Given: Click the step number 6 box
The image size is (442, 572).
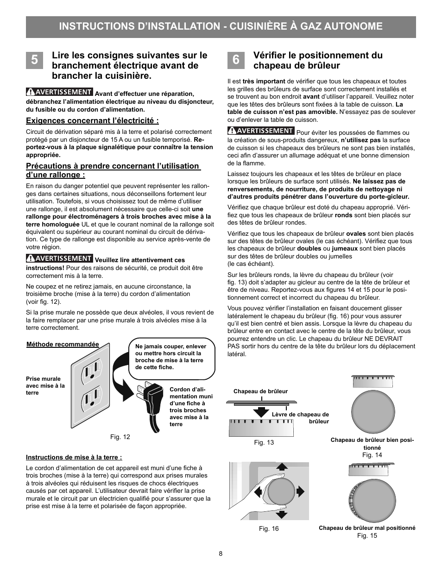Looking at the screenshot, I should tap(236, 60).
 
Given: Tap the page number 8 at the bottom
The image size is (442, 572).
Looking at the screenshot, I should tap(221, 553).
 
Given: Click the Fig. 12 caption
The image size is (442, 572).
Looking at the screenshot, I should tap(120, 437).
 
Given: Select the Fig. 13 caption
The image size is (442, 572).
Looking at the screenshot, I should tap(264, 442).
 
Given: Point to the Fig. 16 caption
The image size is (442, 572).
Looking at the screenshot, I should tap(269, 528).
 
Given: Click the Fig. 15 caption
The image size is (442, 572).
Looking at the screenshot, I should tap(367, 535).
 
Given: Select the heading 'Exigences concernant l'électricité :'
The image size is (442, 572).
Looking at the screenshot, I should tap(92, 121).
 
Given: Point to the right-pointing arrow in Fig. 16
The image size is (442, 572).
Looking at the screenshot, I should tap(300, 491).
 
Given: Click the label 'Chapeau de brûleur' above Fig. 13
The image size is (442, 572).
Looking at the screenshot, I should tap(260, 391).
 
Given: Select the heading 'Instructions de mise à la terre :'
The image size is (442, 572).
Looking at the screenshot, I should tap(74, 457).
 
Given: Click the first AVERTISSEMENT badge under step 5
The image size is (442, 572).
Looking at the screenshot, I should tap(59, 92).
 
